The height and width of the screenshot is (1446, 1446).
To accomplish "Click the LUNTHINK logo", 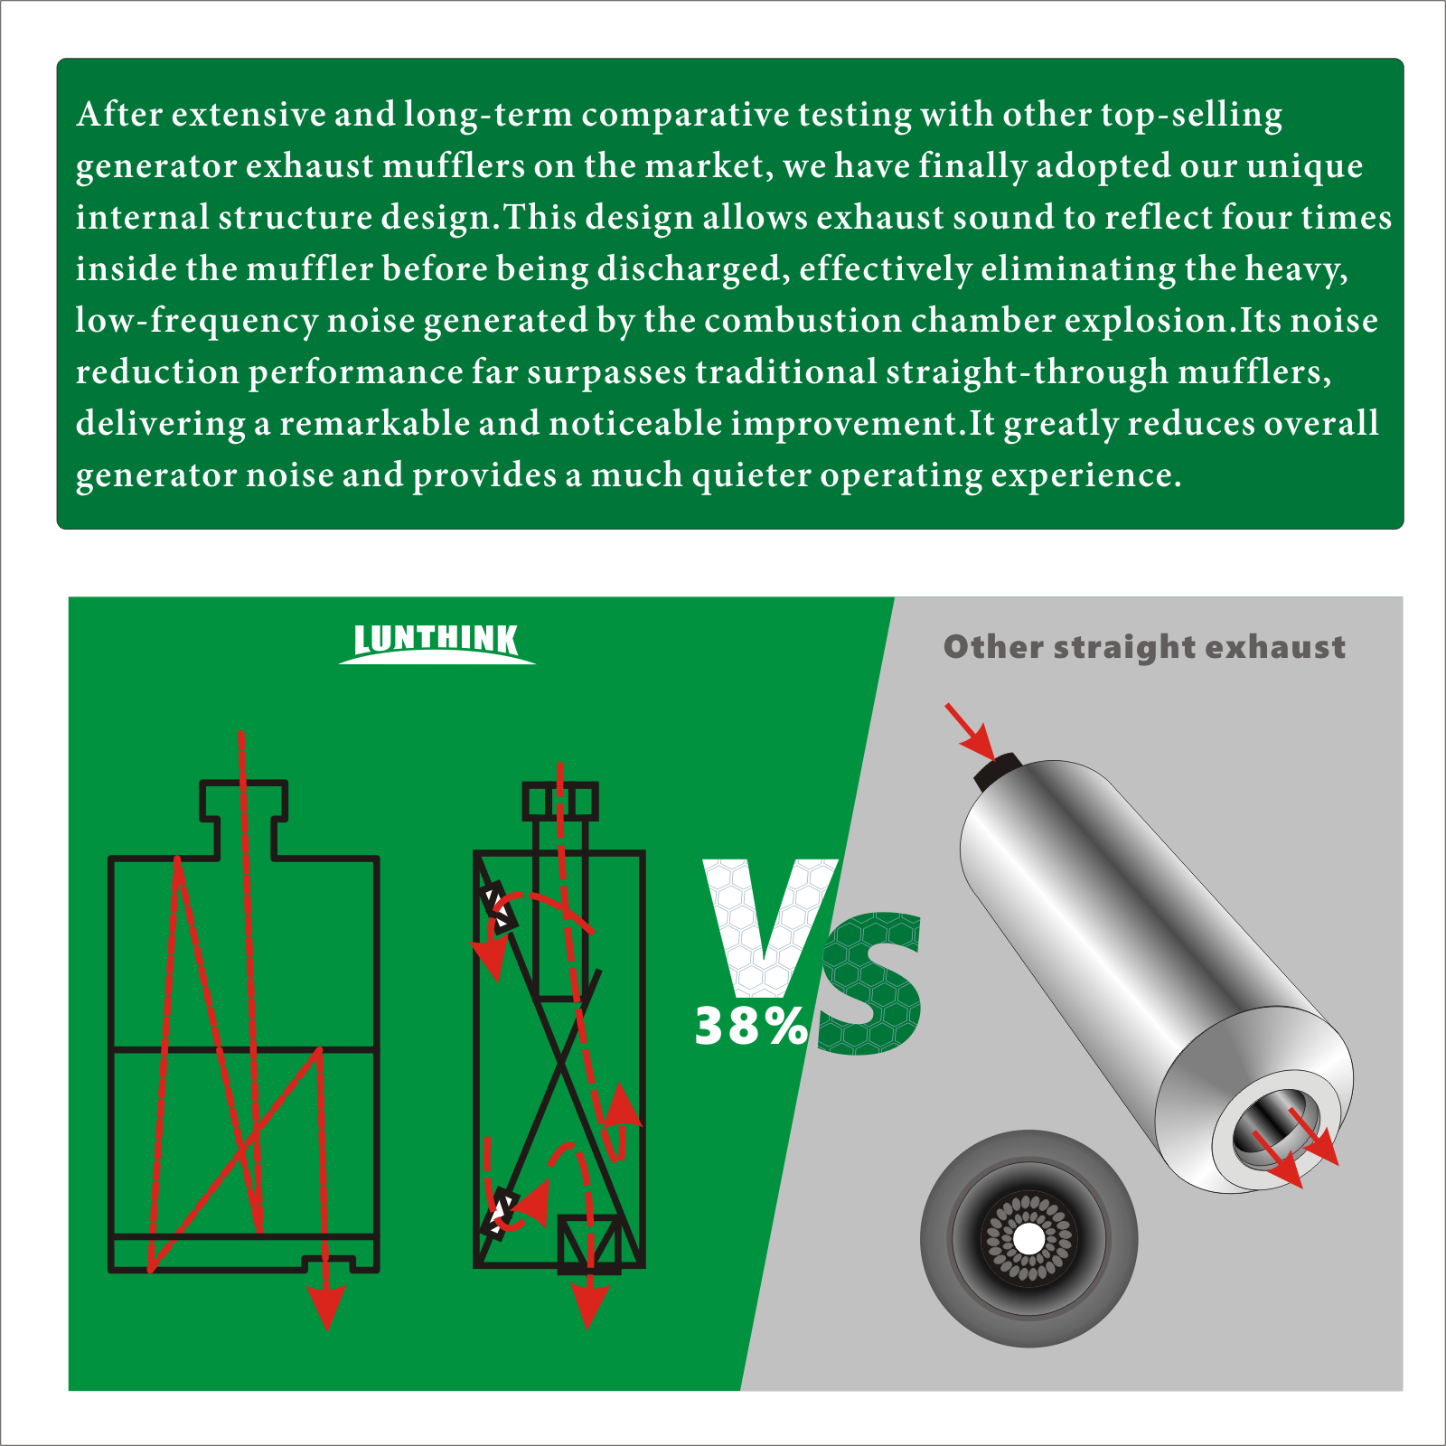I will coord(437,642).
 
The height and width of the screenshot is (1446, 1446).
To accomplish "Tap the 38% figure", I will coord(750,1028).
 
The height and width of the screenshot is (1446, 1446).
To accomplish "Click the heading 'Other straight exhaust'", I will coord(1144,647).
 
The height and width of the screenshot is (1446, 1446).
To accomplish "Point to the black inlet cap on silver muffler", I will coord(997,771).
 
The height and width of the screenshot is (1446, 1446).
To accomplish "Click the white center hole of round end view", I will coord(1028,1239).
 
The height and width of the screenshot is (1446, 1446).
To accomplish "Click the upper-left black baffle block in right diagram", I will coord(498,906).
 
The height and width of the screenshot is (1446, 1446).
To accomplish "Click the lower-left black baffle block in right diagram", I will coord(499,1212).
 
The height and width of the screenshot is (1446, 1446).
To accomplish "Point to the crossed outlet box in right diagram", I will coord(589,1244).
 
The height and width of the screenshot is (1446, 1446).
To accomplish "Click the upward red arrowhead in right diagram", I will coord(622,1104).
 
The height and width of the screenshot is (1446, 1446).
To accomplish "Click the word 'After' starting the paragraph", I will coord(119,115).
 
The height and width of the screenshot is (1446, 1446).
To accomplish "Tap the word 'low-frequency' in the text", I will coord(196,321).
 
